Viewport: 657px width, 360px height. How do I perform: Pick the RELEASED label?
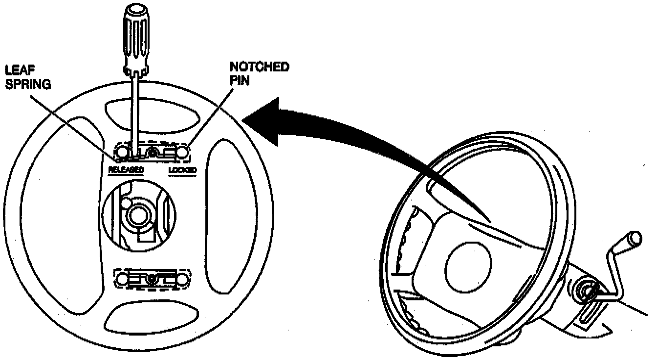click(126, 170)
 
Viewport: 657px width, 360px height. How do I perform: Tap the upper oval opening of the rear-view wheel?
click(152, 115)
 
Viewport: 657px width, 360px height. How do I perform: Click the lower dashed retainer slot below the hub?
click(152, 279)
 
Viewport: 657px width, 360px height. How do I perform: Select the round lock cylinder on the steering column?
click(586, 291)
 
